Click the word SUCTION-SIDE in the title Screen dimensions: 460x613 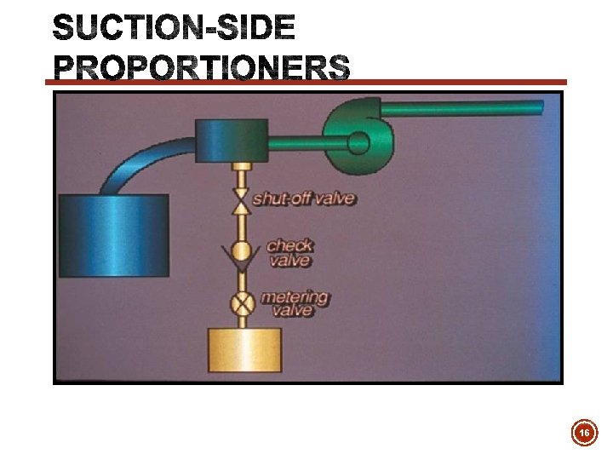click(x=175, y=30)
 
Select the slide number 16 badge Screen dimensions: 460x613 click(x=584, y=434)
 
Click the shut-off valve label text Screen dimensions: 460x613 click(x=304, y=199)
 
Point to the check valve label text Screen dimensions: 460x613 click(x=290, y=252)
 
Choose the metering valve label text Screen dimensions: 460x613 click(x=295, y=303)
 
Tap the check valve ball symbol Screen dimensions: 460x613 click(x=242, y=250)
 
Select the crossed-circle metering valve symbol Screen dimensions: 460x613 click(x=243, y=302)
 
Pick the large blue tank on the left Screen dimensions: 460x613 click(x=113, y=233)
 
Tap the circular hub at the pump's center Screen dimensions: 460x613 click(x=358, y=144)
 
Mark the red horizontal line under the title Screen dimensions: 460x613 click(x=306, y=83)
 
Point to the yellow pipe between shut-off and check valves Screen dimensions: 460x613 click(x=242, y=225)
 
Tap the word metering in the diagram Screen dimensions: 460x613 click(x=295, y=297)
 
